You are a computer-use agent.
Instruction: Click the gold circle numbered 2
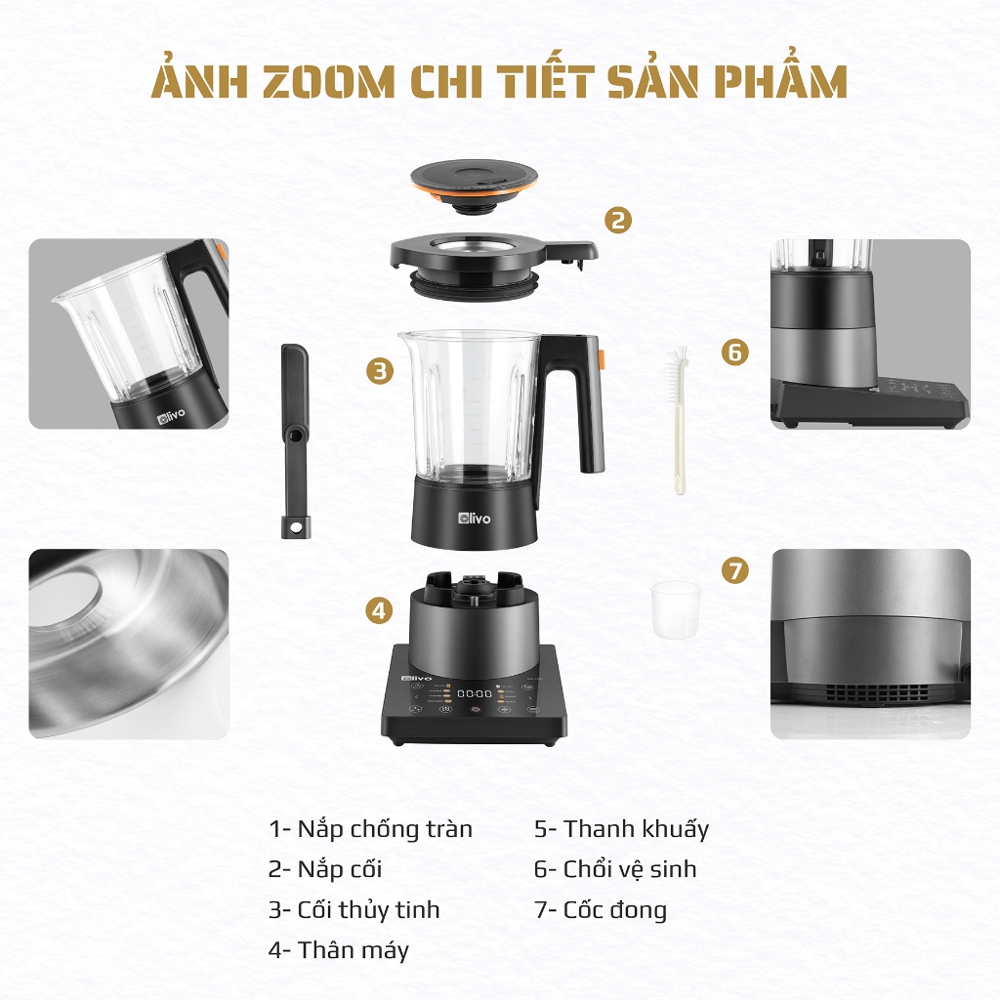(618, 220)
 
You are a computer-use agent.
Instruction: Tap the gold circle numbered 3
(380, 370)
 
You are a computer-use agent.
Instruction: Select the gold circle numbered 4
(379, 610)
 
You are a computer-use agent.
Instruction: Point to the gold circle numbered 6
(734, 352)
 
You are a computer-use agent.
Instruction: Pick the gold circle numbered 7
(735, 569)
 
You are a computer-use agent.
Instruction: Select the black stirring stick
(294, 440)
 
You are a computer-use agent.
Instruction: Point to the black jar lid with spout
(493, 264)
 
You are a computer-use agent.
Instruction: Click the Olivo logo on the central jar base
(475, 518)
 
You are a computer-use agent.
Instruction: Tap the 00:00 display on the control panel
(475, 693)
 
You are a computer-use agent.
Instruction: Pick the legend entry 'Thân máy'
(339, 949)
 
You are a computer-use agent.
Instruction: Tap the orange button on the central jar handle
(601, 359)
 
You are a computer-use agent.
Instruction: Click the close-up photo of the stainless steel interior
(129, 645)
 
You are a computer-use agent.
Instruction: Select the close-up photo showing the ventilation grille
(870, 645)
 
